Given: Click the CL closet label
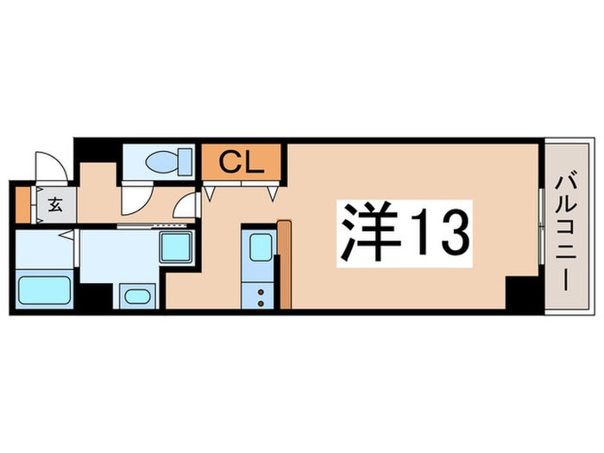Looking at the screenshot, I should (x=241, y=161).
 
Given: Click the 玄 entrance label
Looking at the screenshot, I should (x=54, y=205).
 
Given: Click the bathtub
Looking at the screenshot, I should (x=44, y=288).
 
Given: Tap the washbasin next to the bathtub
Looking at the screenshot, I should (x=137, y=296).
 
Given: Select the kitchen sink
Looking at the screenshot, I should (x=261, y=247).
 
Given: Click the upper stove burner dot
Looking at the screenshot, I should (x=260, y=292).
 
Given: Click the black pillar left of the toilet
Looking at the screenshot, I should (x=98, y=151).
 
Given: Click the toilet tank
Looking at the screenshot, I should (x=185, y=161).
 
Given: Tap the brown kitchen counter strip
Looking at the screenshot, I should (x=285, y=263).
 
